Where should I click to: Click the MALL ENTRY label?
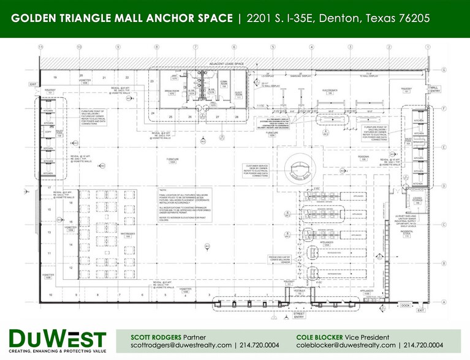tap(434, 89)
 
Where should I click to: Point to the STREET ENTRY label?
tap(298, 314)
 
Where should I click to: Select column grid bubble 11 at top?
tap(40, 47)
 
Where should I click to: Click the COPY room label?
tap(48, 130)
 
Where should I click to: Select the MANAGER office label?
tap(419, 141)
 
